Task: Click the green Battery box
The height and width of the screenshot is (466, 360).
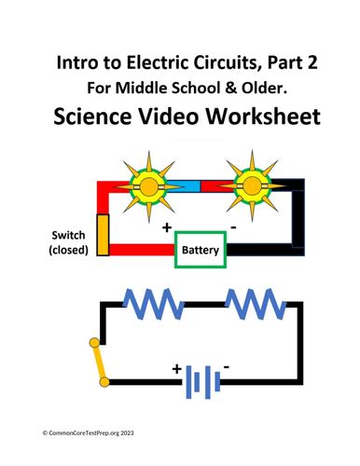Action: coord(200,250)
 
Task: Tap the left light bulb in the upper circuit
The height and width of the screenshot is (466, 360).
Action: coord(149,187)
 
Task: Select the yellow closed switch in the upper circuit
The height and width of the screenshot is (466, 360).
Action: coord(103,234)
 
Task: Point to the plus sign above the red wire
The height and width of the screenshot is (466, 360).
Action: coord(168,226)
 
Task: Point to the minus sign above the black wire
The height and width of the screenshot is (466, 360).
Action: coord(233,226)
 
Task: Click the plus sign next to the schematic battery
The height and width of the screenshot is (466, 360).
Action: coord(174,369)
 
